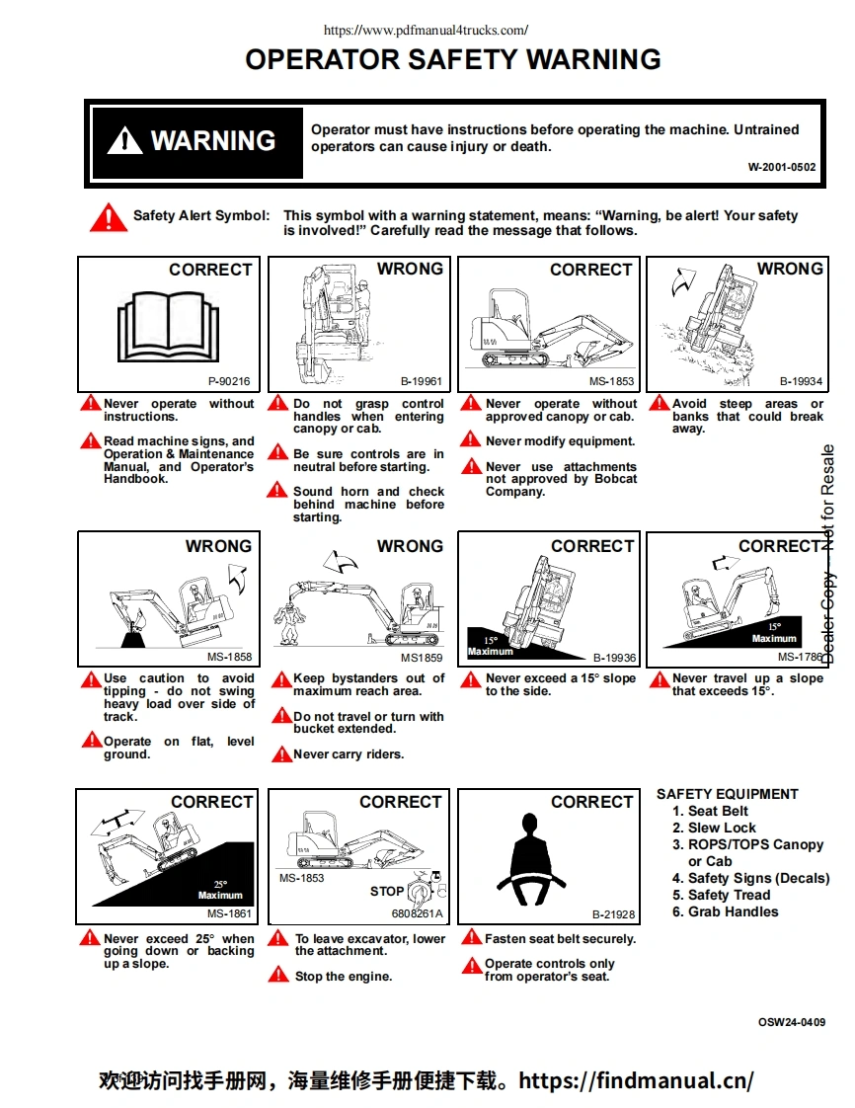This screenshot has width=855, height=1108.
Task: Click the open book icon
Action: (168, 324)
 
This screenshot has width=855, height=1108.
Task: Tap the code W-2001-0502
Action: (782, 167)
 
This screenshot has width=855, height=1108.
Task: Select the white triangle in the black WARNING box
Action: (124, 141)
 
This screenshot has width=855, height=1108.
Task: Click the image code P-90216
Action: (229, 381)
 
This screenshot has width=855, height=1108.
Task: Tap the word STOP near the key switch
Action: (387, 891)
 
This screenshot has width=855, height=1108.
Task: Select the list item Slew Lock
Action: (722, 828)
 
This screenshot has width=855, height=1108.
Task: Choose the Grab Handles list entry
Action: (733, 911)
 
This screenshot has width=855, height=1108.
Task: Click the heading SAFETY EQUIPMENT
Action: (728, 794)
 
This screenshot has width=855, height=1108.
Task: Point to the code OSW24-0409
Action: (792, 1022)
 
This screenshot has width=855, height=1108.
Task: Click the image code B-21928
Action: (613, 914)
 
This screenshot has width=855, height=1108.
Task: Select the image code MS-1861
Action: (229, 914)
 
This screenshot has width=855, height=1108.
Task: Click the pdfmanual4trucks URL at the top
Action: (426, 31)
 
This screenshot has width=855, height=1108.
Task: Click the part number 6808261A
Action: (418, 914)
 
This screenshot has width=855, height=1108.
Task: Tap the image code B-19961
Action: (422, 381)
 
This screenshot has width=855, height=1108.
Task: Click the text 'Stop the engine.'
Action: (344, 977)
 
